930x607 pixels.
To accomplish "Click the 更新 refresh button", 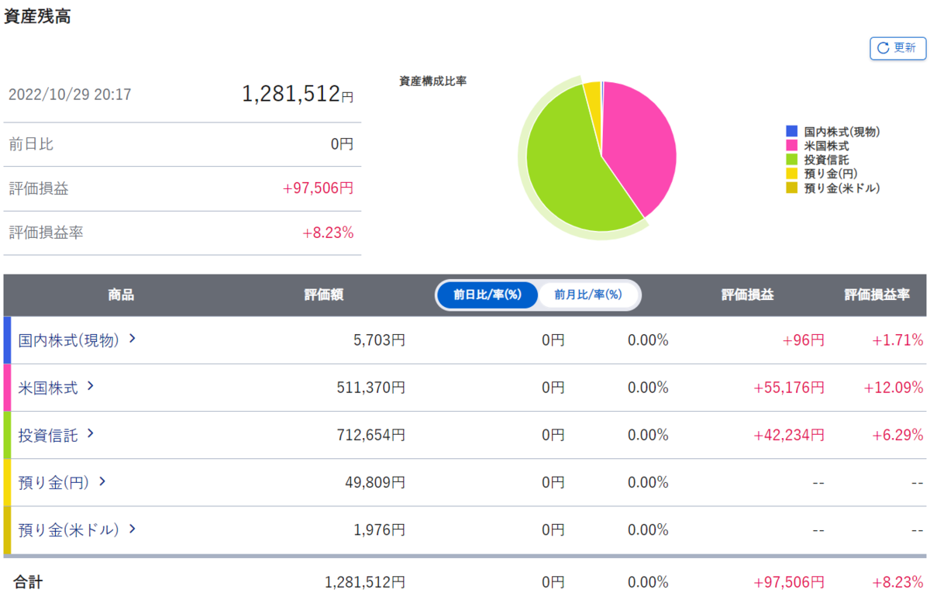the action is pyautogui.click(x=897, y=48).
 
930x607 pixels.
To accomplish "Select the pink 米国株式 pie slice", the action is pyautogui.click(x=639, y=145).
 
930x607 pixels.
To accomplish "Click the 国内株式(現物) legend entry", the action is pyautogui.click(x=833, y=132).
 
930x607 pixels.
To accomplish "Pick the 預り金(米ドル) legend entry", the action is pyautogui.click(x=833, y=188).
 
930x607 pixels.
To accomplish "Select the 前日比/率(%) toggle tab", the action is pyautogui.click(x=487, y=295).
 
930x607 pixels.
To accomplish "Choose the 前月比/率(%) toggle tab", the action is pyautogui.click(x=588, y=295).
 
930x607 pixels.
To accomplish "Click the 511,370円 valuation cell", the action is pyautogui.click(x=370, y=388).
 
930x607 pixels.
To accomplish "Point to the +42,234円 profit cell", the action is pyautogui.click(x=789, y=435).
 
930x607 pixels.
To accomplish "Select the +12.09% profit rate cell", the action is pyautogui.click(x=894, y=388).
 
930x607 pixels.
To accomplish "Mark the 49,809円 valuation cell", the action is pyautogui.click(x=375, y=482).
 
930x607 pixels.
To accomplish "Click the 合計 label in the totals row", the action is pyautogui.click(x=28, y=582).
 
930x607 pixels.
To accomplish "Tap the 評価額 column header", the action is pyautogui.click(x=324, y=295).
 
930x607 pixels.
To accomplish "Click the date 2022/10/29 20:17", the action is pyautogui.click(x=70, y=95).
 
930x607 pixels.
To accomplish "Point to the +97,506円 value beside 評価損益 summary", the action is pyautogui.click(x=318, y=188).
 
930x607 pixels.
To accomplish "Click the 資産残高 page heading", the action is pyautogui.click(x=37, y=16).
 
